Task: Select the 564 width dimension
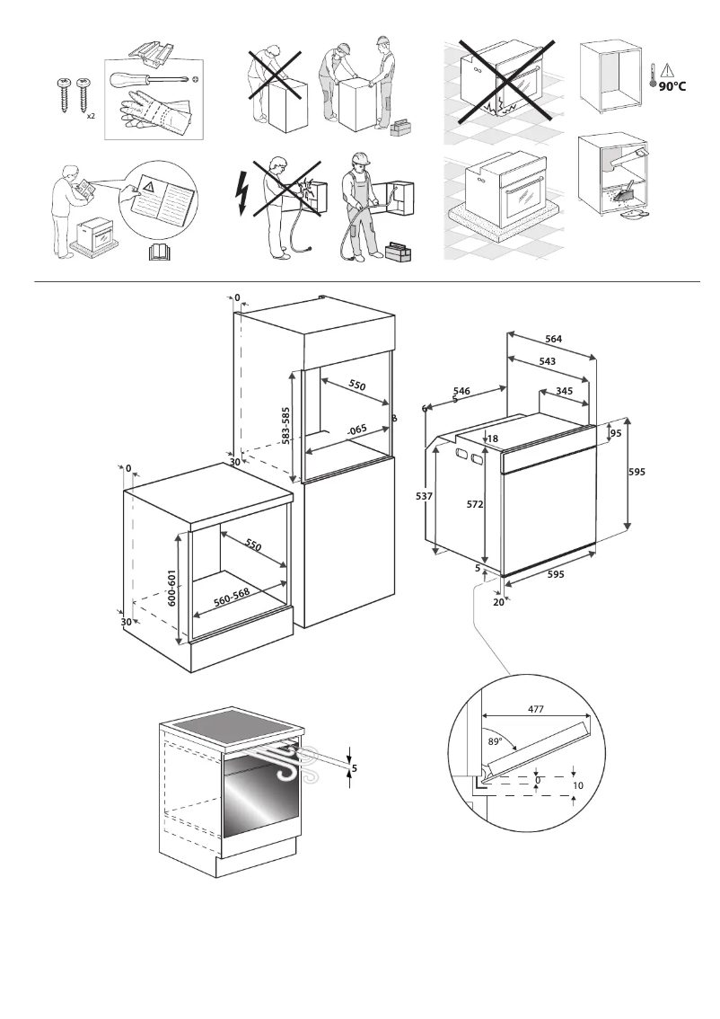(554, 339)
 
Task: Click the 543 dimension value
(547, 361)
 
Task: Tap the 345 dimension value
(564, 391)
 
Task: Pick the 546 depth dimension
(461, 391)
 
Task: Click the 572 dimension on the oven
(476, 505)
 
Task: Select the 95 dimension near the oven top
(616, 434)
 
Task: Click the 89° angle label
(495, 742)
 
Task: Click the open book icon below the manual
(158, 253)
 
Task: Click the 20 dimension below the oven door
(498, 602)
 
